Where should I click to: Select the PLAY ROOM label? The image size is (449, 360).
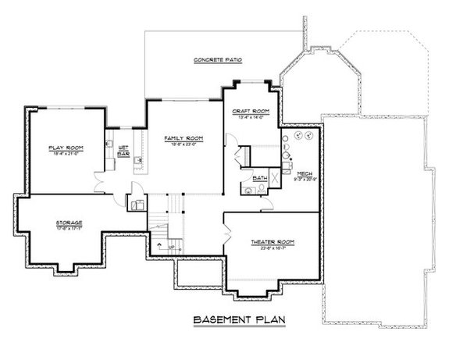[x=66, y=148]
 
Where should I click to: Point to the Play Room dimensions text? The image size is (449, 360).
[x=66, y=154]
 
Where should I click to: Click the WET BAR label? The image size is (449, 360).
[x=123, y=151]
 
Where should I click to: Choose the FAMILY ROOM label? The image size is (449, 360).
[x=184, y=137]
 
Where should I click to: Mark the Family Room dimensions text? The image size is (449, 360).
[x=184, y=144]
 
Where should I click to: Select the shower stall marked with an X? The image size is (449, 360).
[x=273, y=177]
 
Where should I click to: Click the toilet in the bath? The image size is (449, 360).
[x=248, y=189]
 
